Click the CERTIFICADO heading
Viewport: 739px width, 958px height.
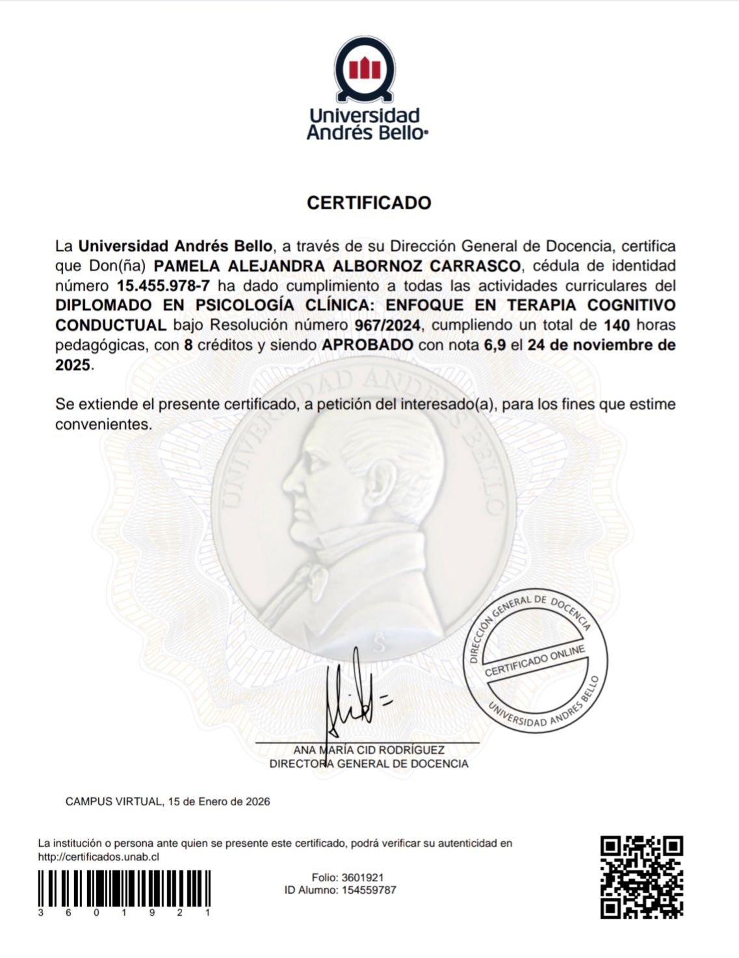(369, 203)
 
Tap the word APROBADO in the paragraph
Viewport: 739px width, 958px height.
(367, 344)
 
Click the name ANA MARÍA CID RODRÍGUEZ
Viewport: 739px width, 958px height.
(369, 750)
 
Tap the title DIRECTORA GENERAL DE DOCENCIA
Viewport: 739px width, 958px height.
(369, 764)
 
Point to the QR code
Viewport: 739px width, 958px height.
(641, 876)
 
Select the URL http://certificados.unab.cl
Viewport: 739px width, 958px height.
(99, 857)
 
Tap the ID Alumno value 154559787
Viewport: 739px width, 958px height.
(369, 890)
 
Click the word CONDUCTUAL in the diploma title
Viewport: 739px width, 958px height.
(110, 325)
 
